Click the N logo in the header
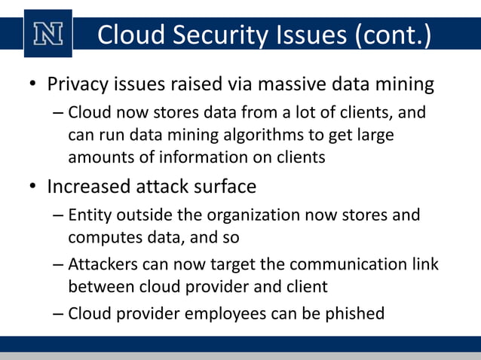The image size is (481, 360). point(48,33)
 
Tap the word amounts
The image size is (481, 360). point(98,157)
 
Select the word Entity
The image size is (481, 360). point(89,215)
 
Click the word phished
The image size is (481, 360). point(354,313)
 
